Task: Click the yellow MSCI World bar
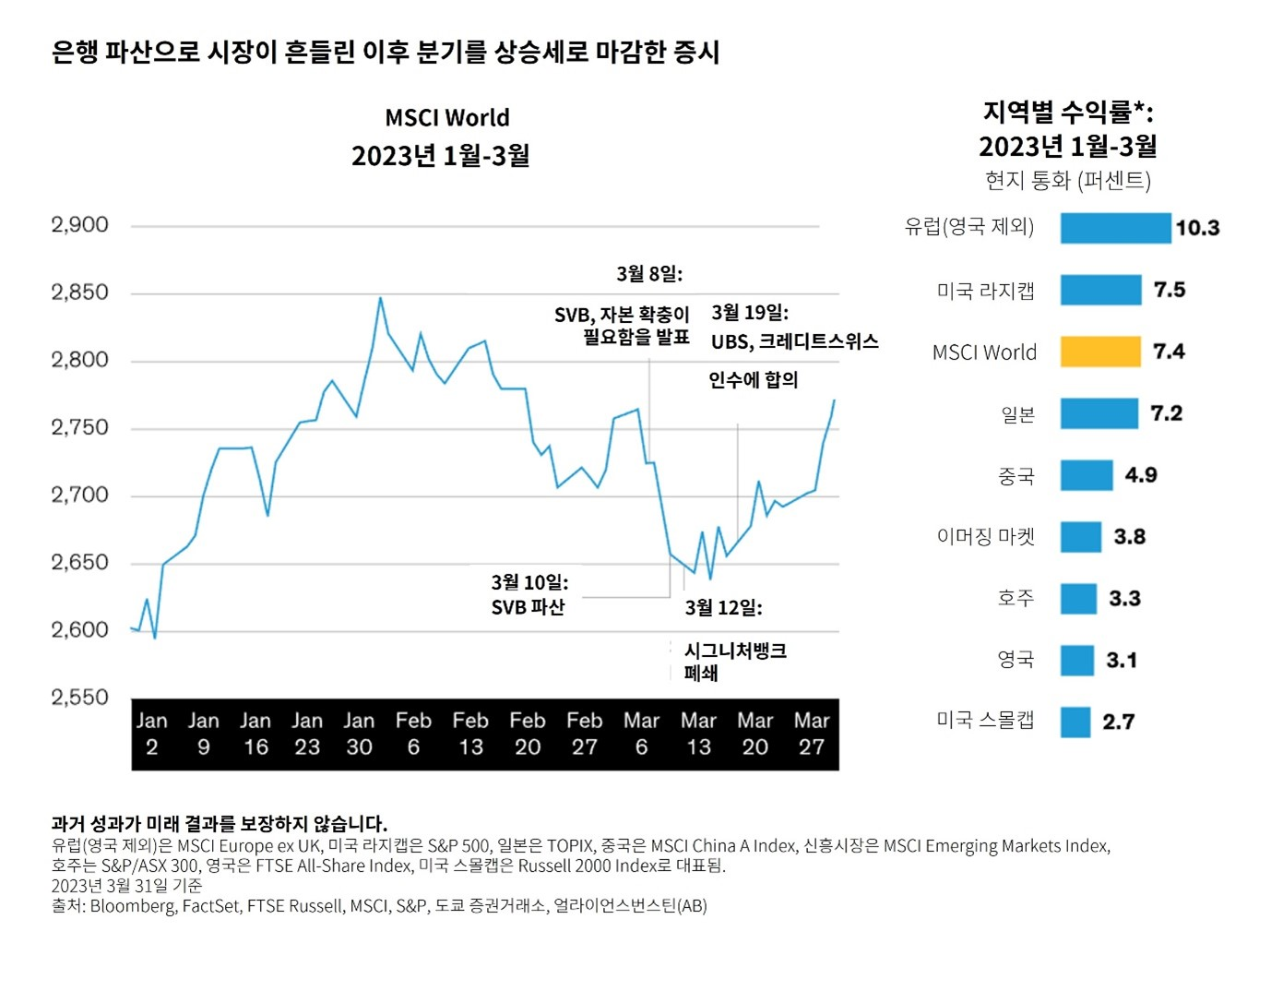pyautogui.click(x=1099, y=352)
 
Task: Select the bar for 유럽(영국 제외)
pyautogui.click(x=1114, y=228)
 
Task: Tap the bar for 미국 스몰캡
pyautogui.click(x=1075, y=722)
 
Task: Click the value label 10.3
pyautogui.click(x=1197, y=228)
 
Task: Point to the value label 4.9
pyautogui.click(x=1140, y=475)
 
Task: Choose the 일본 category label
pyautogui.click(x=1017, y=414)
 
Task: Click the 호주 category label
pyautogui.click(x=1016, y=598)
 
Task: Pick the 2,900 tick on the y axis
pyautogui.click(x=79, y=225)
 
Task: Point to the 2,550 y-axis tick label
pyautogui.click(x=79, y=698)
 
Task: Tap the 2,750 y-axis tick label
pyautogui.click(x=79, y=427)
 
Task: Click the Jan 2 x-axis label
pyautogui.click(x=151, y=734)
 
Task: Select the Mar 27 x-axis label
pyautogui.click(x=811, y=734)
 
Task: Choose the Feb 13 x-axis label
pyautogui.click(x=470, y=734)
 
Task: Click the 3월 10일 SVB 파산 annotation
pyautogui.click(x=529, y=595)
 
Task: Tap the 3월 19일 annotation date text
pyautogui.click(x=749, y=313)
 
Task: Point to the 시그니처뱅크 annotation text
pyautogui.click(x=735, y=651)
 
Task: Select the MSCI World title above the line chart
pyautogui.click(x=446, y=118)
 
